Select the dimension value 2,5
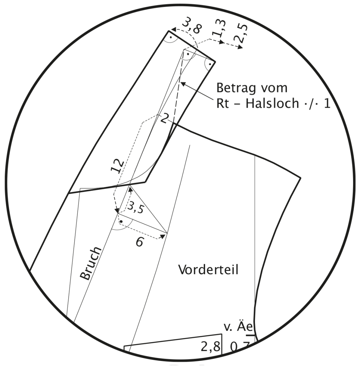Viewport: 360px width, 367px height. point(241,33)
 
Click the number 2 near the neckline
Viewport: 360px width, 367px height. point(163,118)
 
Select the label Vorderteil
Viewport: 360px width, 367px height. point(208,270)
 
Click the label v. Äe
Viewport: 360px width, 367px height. point(239,327)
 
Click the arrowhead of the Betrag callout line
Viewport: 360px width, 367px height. point(183,83)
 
